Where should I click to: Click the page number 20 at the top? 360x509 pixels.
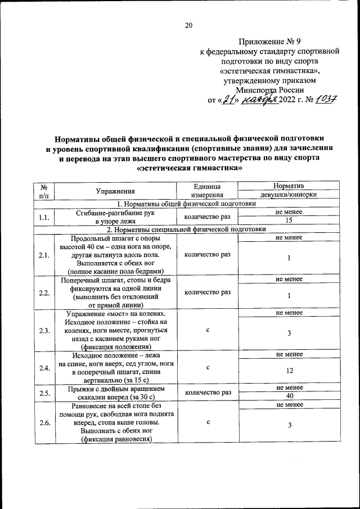188,25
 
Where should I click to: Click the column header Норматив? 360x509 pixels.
289,186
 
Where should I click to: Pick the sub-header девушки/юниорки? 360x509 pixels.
289,195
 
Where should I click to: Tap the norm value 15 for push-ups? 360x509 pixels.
289,220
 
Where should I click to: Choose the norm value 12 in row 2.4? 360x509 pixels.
289,371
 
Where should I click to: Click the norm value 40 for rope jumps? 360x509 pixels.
289,397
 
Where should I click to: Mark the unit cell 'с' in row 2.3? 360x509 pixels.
208,331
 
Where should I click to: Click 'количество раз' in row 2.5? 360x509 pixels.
208,392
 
